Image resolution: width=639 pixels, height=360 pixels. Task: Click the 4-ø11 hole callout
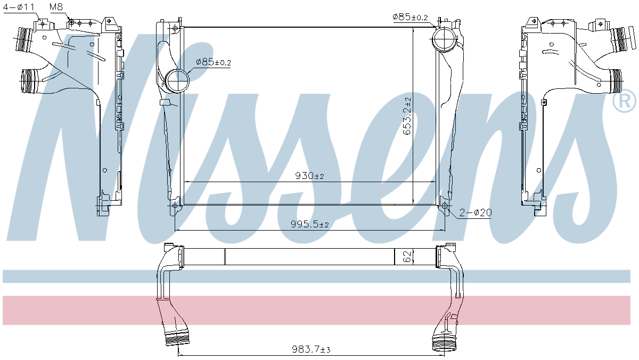[19, 7]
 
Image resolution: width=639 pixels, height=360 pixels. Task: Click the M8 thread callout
[56, 7]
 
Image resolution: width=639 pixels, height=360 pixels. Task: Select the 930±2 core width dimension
[309, 176]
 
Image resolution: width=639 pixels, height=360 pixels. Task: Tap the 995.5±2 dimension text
[310, 224]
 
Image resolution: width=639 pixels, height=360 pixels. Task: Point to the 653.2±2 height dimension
[407, 116]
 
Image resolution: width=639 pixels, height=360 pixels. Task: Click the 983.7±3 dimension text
[311, 349]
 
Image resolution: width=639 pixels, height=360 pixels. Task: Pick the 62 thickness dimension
[407, 257]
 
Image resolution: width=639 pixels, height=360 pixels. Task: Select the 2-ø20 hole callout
[476, 212]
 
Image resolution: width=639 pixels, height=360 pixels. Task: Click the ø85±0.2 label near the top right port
[410, 17]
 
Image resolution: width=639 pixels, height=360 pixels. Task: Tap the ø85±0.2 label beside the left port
[214, 62]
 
